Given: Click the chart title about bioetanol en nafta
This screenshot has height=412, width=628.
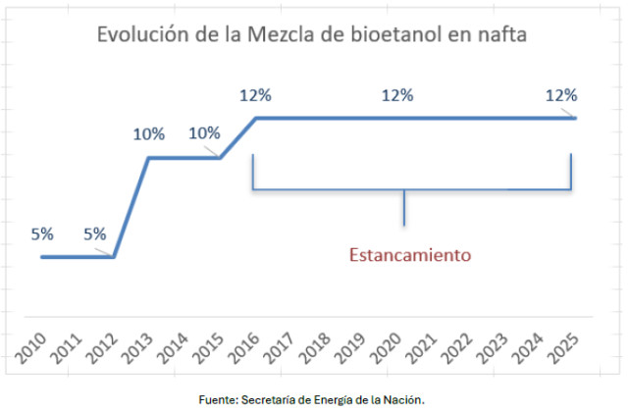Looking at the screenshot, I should tap(312, 36).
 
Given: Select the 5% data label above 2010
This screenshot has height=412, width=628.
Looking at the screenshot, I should tap(42, 234).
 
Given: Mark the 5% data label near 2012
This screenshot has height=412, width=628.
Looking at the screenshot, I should tap(95, 234).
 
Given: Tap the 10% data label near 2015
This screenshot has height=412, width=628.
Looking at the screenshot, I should tap(204, 134).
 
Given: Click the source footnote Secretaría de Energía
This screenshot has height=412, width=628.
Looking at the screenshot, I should tap(311, 398).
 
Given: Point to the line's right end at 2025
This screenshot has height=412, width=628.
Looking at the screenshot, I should tap(576, 119).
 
